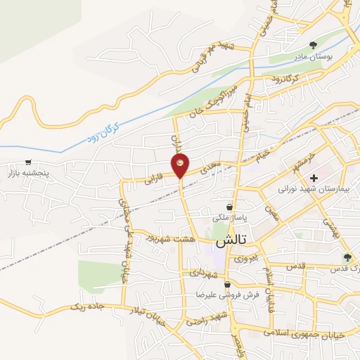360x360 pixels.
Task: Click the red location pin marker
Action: [181, 166]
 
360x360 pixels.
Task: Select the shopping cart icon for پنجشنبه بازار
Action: [28, 162]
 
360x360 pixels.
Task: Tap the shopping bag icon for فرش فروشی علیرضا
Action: [227, 285]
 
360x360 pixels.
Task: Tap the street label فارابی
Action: [154, 180]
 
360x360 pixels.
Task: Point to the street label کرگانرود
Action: [285, 77]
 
